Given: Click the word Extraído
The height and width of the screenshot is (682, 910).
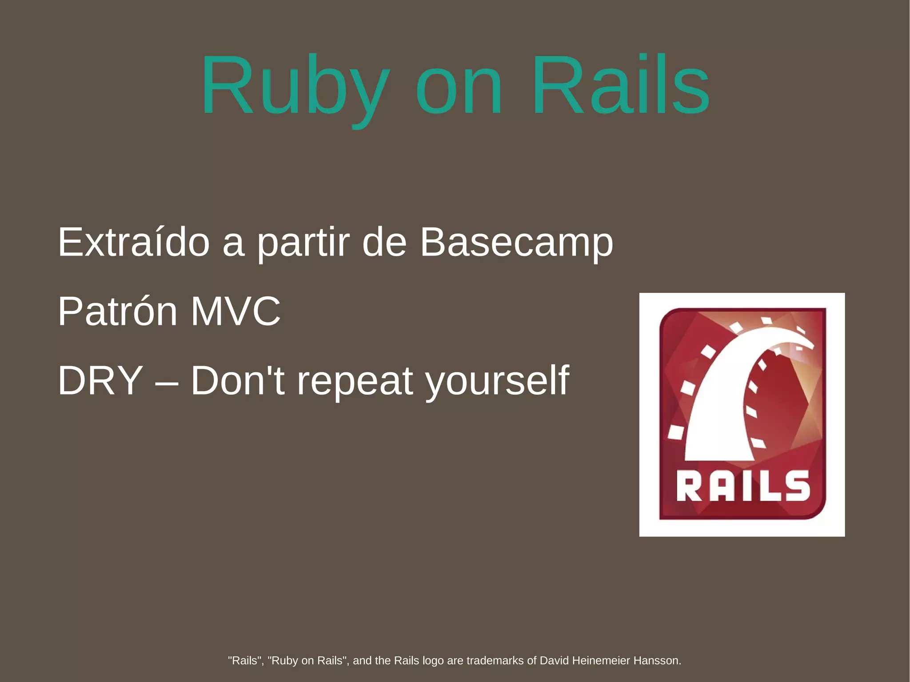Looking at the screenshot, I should [133, 242].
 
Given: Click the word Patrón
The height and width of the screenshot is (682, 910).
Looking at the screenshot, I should [118, 311].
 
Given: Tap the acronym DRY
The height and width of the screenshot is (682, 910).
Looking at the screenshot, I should [100, 381].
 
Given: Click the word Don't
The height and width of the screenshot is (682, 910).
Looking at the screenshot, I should [238, 381].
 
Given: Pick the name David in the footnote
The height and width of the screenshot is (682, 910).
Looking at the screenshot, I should [554, 661].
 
